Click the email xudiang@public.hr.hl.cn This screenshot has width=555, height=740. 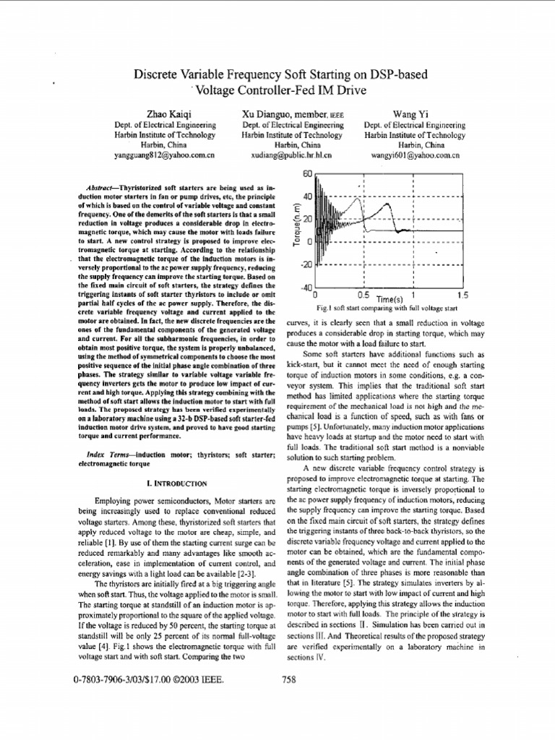286,155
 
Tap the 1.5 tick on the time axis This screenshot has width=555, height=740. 462,296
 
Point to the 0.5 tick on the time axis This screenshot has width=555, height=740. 363,296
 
